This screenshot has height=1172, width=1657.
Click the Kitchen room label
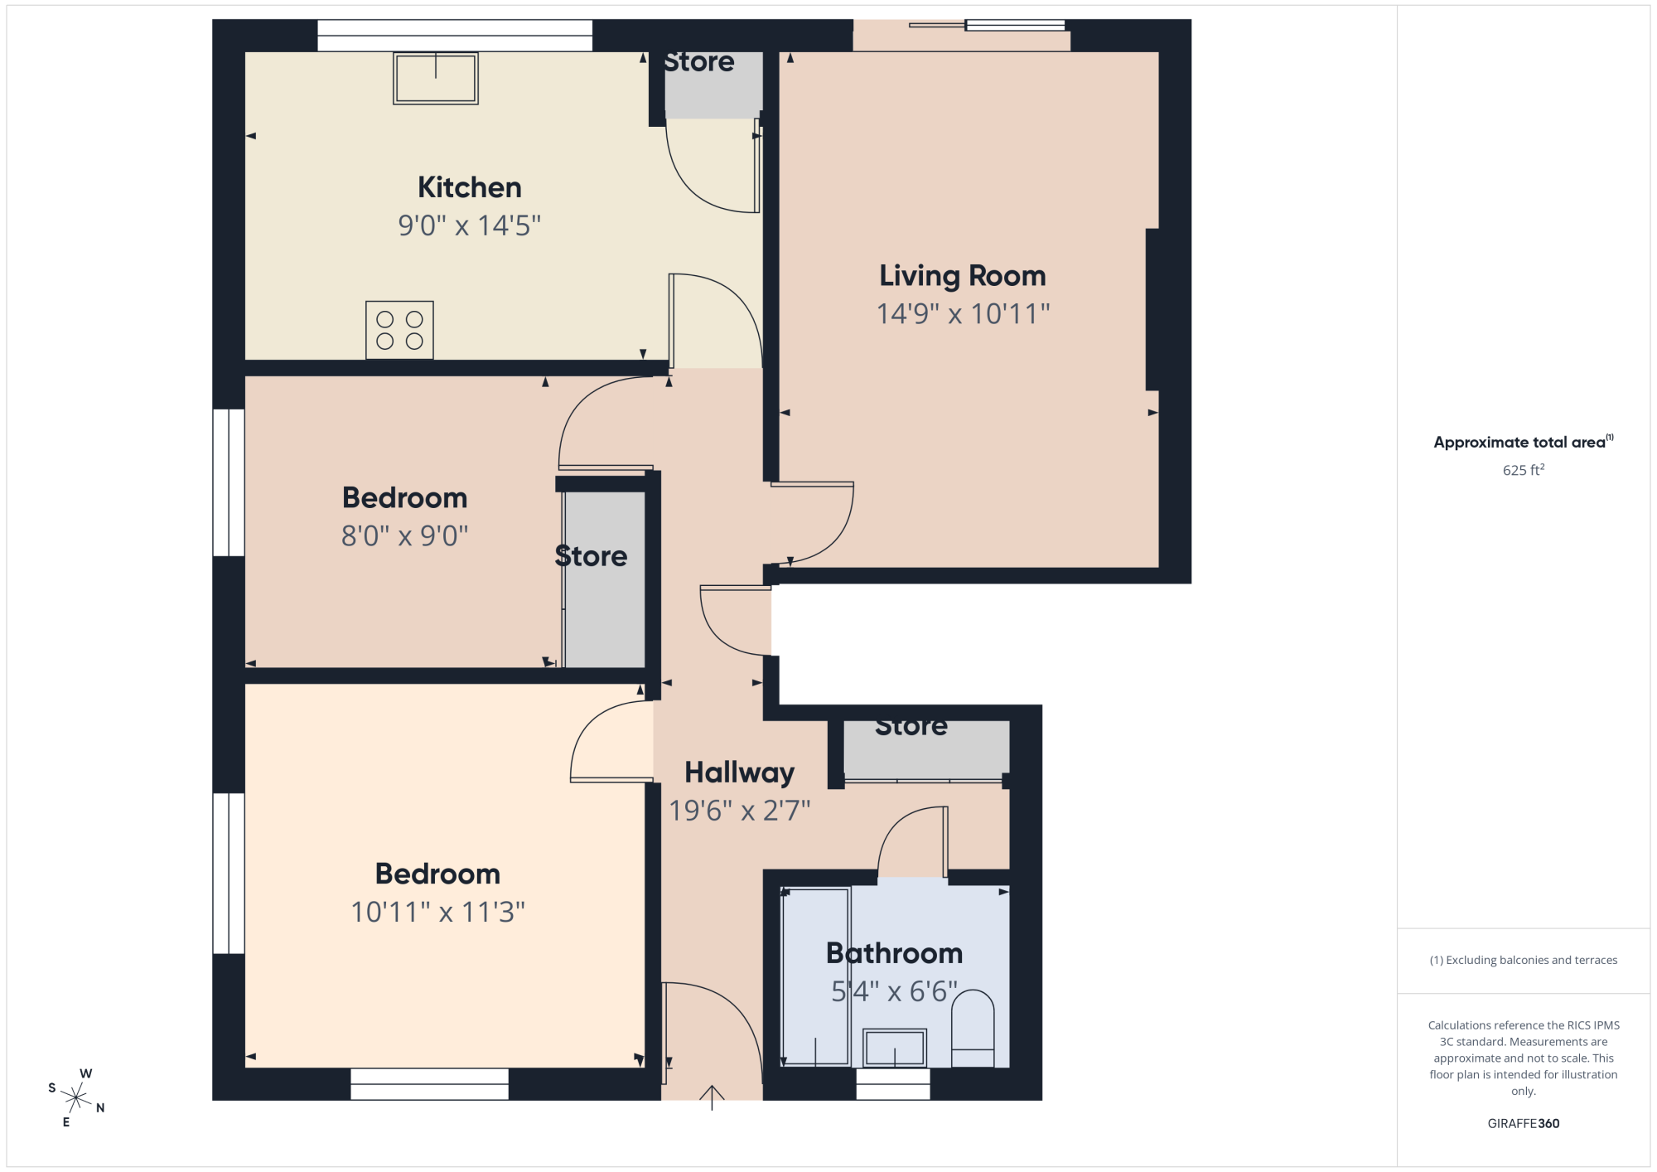469,187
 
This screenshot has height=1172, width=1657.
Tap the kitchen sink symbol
436,79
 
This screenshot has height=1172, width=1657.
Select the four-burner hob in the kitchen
399,330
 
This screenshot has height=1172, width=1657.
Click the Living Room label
963,275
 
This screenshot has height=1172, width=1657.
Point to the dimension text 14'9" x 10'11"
963,314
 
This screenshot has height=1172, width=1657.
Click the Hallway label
739,772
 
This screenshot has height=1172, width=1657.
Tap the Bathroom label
895,953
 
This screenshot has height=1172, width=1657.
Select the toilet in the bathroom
973,1028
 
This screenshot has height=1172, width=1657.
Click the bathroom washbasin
895,1048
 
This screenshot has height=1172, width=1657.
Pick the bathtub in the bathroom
816,977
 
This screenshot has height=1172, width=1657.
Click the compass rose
76,1098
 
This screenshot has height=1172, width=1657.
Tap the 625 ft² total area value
1524,470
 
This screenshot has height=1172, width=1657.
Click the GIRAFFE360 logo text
1524,1124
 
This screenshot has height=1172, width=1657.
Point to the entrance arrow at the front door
712,1097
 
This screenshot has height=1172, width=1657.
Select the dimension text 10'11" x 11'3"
437,912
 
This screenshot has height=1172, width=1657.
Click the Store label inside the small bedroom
591,556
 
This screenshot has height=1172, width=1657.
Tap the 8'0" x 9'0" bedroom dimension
404,536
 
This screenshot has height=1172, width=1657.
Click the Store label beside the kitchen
698,62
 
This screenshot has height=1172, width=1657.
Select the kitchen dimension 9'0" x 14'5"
469,225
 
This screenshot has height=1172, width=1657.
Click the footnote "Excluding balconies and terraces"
1524,960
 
